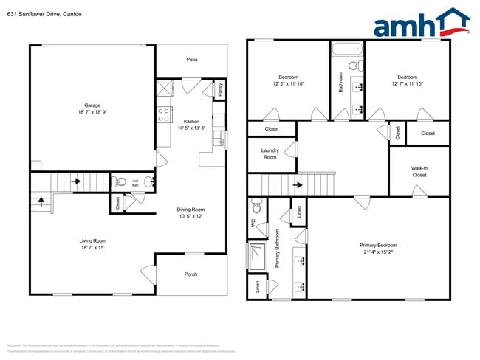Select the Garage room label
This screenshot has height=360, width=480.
coord(92,105)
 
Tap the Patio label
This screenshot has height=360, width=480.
coord(192,60)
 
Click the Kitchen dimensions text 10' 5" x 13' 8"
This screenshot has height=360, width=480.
coord(192,128)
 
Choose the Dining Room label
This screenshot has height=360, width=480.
coord(191,210)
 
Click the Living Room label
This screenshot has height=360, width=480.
coord(93,240)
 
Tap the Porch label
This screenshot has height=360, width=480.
coord(191,274)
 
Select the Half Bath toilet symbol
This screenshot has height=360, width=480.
coord(122,181)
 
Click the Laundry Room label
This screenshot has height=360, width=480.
coord(270,153)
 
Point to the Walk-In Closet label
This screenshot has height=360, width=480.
coord(419,171)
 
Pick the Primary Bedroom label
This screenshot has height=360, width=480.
coord(378,245)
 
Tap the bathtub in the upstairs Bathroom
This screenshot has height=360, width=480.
coord(346,51)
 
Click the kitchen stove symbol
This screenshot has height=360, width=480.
coord(163,114)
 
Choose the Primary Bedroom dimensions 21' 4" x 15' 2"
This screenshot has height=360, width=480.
coord(378,252)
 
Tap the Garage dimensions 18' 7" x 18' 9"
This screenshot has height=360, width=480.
coord(92,112)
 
